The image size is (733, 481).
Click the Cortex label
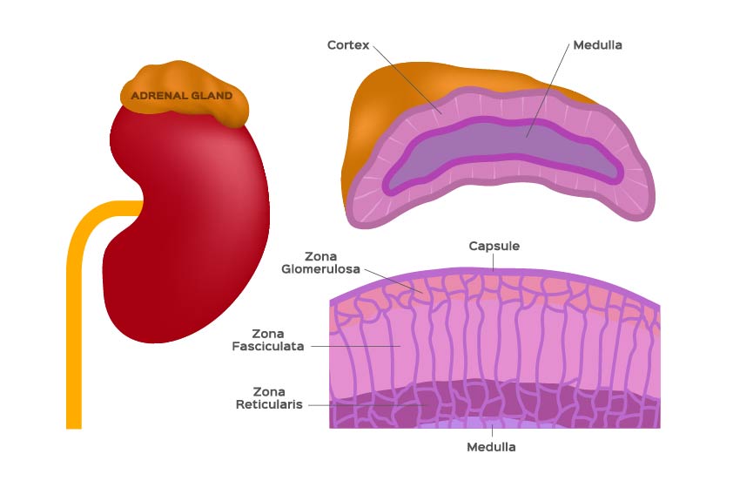[x=348, y=45]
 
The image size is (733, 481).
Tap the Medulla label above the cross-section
[x=597, y=45]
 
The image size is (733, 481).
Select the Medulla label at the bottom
[x=491, y=447]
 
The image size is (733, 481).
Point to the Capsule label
[x=494, y=246]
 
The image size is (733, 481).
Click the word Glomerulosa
[x=320, y=269]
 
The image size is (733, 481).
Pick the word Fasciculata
[x=268, y=346]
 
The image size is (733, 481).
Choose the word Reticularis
[x=269, y=404]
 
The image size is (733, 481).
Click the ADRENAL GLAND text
[x=182, y=96]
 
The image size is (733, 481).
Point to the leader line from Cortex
[x=407, y=79]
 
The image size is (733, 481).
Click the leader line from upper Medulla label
[x=548, y=91]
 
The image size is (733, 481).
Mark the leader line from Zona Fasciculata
[x=356, y=346]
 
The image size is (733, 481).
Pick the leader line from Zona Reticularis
[x=368, y=404]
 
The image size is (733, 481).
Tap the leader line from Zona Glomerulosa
[x=394, y=281]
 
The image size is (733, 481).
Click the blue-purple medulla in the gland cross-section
[x=505, y=150]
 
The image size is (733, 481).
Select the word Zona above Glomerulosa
[x=320, y=256]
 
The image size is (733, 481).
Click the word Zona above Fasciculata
[x=268, y=334]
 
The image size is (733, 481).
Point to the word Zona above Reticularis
[x=269, y=391]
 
